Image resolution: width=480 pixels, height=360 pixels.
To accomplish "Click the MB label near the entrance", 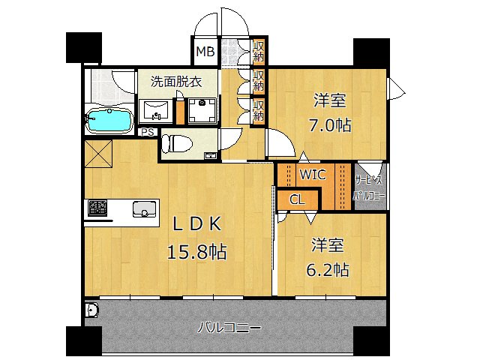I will [x=204, y=52].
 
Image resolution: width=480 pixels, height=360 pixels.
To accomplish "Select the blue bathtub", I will [x=109, y=119].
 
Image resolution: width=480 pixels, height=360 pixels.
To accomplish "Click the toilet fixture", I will [x=176, y=142].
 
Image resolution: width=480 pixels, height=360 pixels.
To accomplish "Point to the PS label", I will [x=148, y=132].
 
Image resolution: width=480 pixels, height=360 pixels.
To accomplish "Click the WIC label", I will [x=312, y=175].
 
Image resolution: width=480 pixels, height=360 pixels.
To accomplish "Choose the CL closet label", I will [x=296, y=199].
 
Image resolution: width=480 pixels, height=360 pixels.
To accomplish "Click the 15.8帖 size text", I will [x=196, y=252].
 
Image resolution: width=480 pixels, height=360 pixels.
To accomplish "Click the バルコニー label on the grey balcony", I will [x=229, y=328].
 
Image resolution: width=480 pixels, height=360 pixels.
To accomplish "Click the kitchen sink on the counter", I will [x=142, y=208].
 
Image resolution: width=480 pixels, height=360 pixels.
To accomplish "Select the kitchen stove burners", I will [x=97, y=208].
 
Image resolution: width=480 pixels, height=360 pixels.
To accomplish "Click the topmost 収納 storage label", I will [x=258, y=52].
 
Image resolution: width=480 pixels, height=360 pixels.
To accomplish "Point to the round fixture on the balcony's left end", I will [x=91, y=310].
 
